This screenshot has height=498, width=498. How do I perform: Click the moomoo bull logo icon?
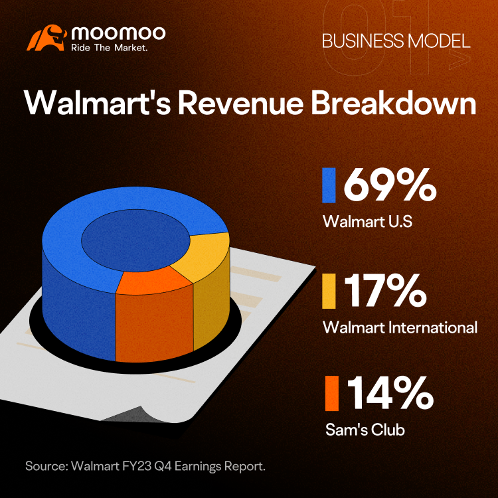tap(46, 38)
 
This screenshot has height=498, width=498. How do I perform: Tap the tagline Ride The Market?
tap(110, 48)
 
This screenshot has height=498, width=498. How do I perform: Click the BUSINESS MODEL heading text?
tap(396, 41)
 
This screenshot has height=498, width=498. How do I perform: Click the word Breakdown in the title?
tap(393, 102)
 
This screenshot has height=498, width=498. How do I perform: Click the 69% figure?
tap(390, 185)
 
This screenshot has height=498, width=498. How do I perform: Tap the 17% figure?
tap(386, 291)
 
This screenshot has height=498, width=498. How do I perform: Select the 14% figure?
tap(390, 392)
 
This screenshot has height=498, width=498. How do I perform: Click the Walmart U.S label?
tap(367, 221)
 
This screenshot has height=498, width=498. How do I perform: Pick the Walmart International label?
tap(400, 327)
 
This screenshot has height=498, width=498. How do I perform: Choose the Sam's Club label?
tap(365, 430)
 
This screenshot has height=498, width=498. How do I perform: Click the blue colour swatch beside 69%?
tap(329, 185)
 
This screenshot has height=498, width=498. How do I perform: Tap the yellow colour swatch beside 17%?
tap(329, 291)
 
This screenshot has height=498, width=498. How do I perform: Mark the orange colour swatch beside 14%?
tap(332, 393)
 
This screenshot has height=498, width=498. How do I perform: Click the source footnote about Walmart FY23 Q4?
tap(145, 466)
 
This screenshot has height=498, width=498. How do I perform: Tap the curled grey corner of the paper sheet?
tap(127, 414)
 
